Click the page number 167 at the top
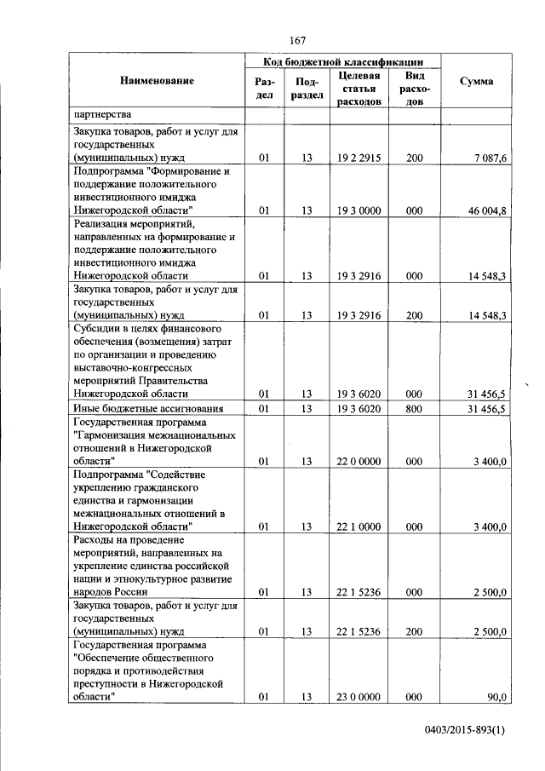297,40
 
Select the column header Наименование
157,81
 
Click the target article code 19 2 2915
359,158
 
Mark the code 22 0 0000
359,461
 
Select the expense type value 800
414,409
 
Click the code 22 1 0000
359,526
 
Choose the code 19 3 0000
359,210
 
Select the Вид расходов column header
414,89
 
